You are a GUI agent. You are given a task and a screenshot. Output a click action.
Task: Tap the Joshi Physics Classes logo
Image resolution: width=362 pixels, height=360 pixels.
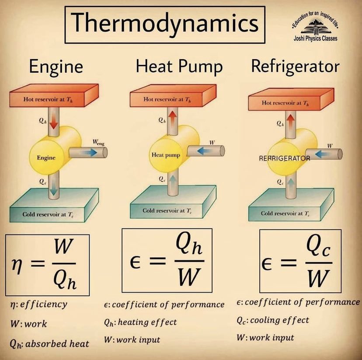pos(315,29)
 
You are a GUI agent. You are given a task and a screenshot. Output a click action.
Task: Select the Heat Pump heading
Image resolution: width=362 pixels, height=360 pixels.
pos(179,67)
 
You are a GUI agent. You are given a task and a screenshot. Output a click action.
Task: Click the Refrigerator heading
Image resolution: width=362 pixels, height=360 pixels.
pos(295,66)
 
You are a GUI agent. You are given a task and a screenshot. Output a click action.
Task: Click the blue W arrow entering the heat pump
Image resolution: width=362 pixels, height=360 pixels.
pos(202,150)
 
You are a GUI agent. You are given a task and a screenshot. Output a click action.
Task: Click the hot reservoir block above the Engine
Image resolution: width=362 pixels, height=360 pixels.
pos(54,97)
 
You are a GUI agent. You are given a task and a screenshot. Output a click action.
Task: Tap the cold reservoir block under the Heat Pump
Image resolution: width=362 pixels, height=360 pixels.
pos(173,203)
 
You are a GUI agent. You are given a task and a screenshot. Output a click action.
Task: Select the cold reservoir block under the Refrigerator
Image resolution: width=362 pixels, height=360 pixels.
pos(291,206)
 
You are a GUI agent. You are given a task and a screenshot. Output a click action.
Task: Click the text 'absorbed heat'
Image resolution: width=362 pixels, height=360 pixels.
pos(57,343)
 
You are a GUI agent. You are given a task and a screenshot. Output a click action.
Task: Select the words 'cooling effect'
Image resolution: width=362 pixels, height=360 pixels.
pos(280,320)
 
